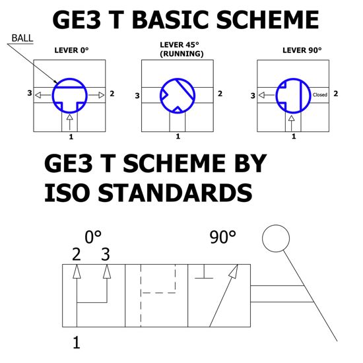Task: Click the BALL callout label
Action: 22,38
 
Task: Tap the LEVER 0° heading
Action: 71,50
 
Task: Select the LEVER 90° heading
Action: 302,50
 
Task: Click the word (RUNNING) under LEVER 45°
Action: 181,54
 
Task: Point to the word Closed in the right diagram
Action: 320,94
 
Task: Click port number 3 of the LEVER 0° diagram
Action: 30,93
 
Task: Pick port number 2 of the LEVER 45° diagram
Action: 220,94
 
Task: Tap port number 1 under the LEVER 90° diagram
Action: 294,137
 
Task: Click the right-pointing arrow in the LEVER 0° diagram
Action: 96,95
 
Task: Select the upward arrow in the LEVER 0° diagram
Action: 70,122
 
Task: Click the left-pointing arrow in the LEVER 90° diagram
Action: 267,95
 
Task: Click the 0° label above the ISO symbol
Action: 93,237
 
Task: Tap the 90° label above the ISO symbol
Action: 222,237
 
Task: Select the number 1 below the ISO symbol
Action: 77,343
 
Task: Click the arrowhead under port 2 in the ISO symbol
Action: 77,271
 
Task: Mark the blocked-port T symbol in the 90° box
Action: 204,271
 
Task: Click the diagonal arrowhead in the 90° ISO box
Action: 234,271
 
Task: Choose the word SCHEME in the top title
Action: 267,20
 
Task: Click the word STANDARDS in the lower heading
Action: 175,193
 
